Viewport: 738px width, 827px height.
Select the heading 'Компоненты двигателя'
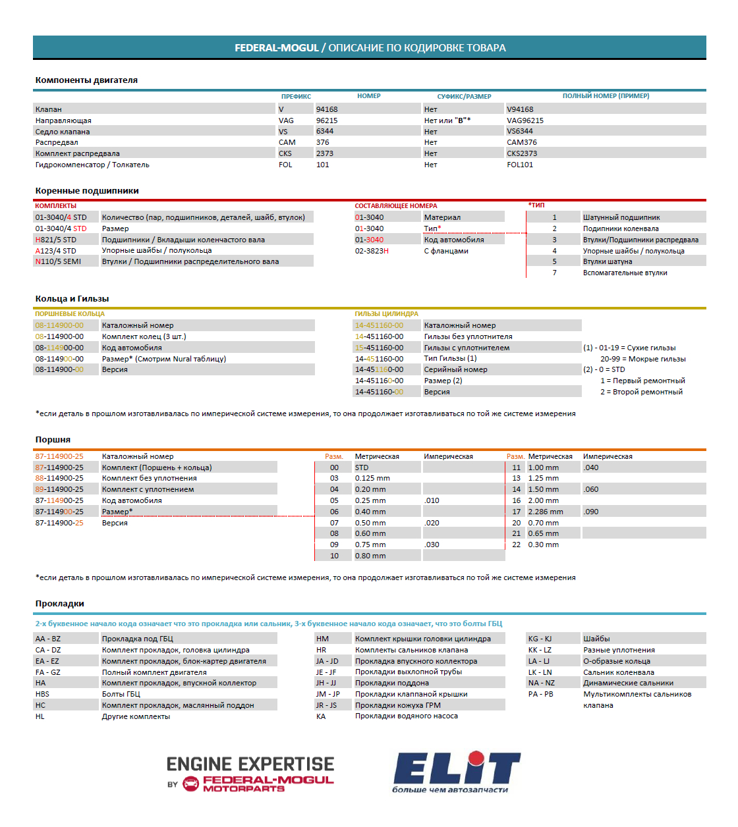86,80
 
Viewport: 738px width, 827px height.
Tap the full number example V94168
520,109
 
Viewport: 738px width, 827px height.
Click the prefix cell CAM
287,142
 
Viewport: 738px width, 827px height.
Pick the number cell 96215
326,120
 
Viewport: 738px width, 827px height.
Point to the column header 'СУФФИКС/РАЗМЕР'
464,96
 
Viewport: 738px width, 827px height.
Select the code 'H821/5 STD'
56,240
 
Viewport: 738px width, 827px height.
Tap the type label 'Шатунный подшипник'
621,217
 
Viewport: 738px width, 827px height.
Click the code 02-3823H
372,251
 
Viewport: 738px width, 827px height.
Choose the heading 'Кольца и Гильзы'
72,299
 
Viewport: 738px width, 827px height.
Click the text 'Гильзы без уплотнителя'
468,336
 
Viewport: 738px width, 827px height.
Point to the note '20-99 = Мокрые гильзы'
642,359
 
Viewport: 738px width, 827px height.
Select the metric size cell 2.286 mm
545,512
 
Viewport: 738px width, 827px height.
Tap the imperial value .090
591,512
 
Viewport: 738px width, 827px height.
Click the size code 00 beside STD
334,467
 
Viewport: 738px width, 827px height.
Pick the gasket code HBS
42,694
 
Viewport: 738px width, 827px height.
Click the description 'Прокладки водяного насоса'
406,716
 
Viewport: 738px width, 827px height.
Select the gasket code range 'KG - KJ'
540,639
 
